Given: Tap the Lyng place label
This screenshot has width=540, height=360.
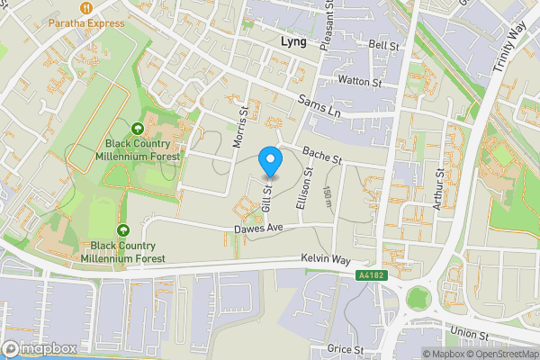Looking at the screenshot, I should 292,42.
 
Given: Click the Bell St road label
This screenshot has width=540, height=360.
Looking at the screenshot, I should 382,44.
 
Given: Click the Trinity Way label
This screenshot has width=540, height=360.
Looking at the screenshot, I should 508,49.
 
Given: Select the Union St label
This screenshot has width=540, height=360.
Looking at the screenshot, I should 469,335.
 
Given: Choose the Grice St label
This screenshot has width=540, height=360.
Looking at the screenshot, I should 346,348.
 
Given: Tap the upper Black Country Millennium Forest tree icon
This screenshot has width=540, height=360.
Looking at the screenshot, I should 137,129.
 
